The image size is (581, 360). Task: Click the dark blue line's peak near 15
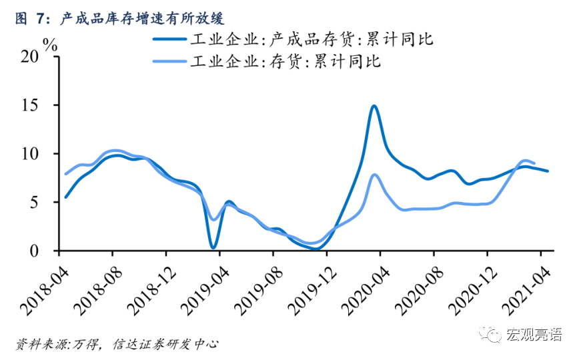tap(374, 106)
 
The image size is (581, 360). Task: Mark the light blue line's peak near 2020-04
tap(374, 175)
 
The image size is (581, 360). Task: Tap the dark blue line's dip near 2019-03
tap(213, 247)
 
